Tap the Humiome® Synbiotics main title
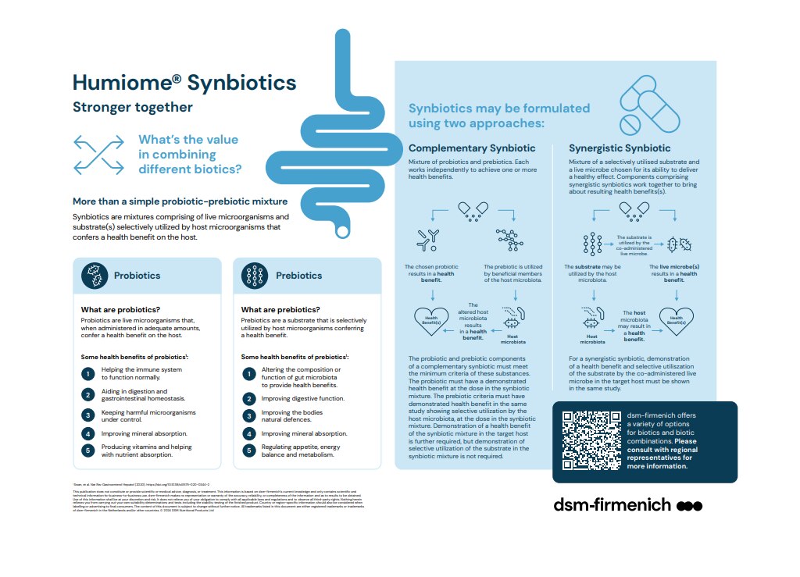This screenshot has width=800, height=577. [x=184, y=83]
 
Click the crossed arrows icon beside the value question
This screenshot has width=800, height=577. [x=98, y=154]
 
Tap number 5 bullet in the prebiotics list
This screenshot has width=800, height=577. [x=248, y=449]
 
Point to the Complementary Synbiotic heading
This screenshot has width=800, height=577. [x=472, y=148]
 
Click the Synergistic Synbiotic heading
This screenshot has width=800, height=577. [x=620, y=148]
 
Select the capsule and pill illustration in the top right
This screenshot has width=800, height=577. [x=648, y=105]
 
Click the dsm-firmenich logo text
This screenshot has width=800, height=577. [x=612, y=504]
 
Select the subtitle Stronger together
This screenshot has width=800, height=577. [x=133, y=107]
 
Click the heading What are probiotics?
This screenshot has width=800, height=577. [x=121, y=310]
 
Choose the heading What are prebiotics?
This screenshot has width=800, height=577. [x=280, y=310]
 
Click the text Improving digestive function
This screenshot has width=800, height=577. [x=304, y=398]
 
